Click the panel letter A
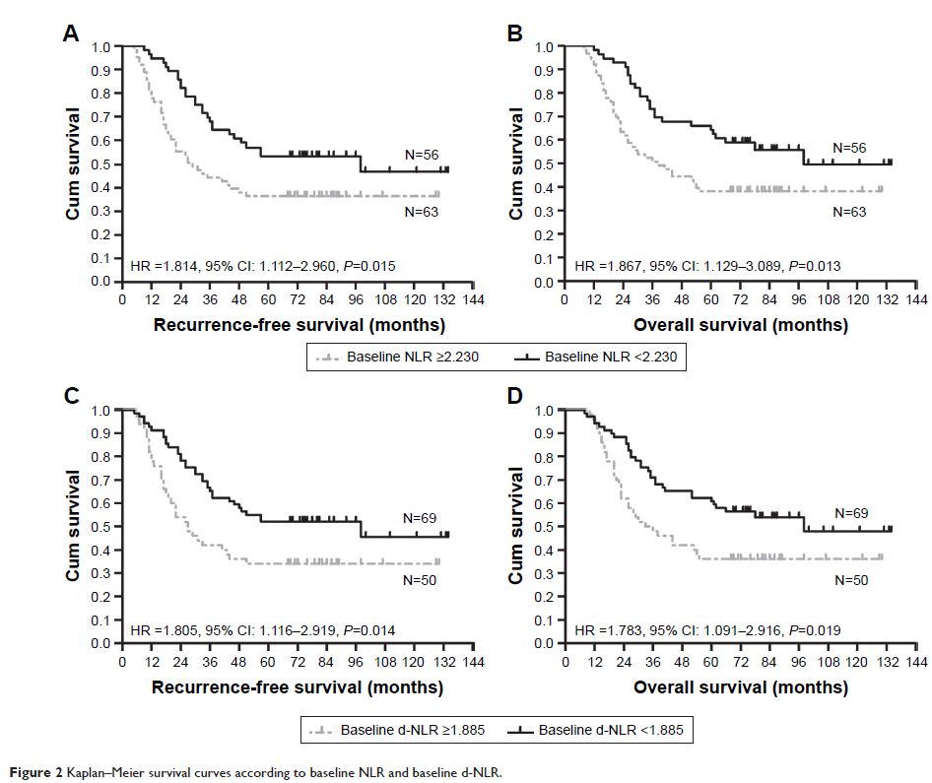[71, 33]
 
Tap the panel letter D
[514, 397]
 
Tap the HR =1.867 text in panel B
[606, 266]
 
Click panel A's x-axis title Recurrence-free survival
[299, 324]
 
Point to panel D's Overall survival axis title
[740, 687]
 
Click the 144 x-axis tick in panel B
[915, 298]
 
